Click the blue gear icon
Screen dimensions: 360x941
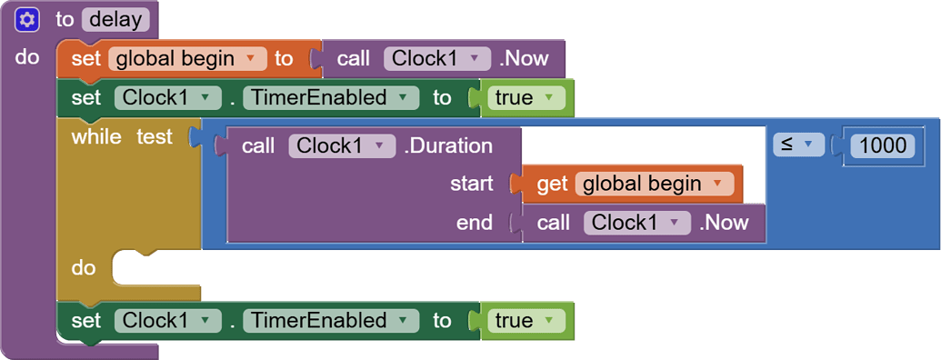pyautogui.click(x=27, y=18)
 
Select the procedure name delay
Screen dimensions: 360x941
pyautogui.click(x=115, y=18)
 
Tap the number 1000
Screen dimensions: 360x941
pyautogui.click(x=882, y=145)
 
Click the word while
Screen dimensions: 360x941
pyautogui.click(x=96, y=136)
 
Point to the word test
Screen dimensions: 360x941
pyautogui.click(x=155, y=136)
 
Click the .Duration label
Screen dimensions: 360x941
pyautogui.click(x=448, y=145)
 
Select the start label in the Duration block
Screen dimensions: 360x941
pyautogui.click(x=471, y=184)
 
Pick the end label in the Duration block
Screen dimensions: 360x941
pyautogui.click(x=475, y=223)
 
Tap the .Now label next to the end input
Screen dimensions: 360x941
pyautogui.click(x=724, y=223)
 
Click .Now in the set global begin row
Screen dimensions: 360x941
pyautogui.click(x=524, y=59)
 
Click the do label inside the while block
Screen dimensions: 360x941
pyautogui.click(x=84, y=268)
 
